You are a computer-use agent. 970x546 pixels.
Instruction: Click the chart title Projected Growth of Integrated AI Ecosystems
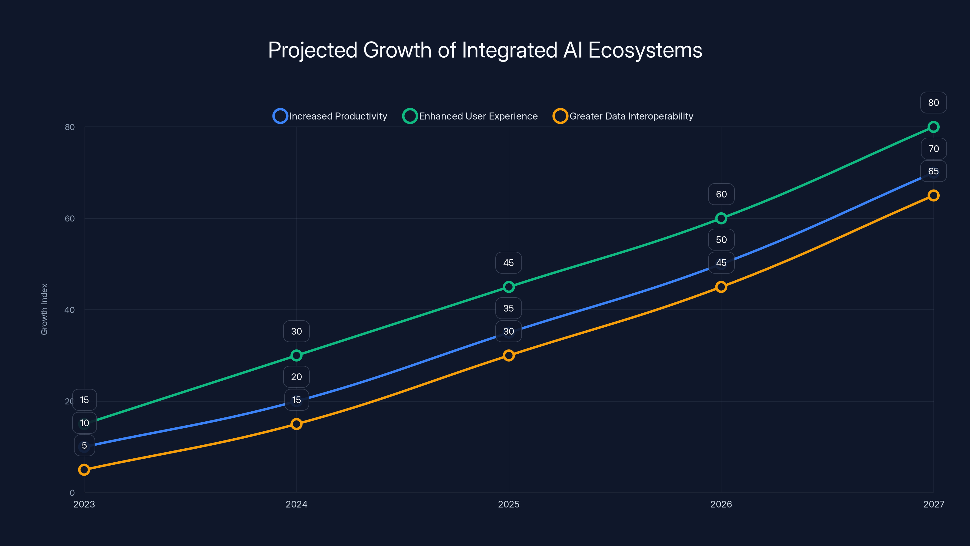point(485,50)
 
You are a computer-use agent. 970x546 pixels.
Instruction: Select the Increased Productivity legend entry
point(330,116)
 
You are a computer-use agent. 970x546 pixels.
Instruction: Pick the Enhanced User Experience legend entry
point(470,116)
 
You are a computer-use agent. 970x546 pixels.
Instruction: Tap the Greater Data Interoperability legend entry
point(623,116)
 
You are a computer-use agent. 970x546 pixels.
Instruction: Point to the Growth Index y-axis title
point(45,309)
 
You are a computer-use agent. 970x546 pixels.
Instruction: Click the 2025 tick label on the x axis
point(508,504)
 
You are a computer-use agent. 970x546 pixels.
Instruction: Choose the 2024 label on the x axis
point(296,504)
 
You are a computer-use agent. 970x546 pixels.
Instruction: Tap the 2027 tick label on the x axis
point(934,504)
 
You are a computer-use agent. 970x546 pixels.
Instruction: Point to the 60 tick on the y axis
point(70,218)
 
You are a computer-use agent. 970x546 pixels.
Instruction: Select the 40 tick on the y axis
point(70,310)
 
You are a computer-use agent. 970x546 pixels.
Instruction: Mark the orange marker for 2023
point(84,470)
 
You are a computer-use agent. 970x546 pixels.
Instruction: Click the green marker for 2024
point(296,355)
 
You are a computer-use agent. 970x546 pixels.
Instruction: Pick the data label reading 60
point(721,194)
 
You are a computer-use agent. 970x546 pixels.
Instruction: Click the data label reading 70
point(934,148)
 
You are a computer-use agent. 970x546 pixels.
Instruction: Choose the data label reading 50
point(721,240)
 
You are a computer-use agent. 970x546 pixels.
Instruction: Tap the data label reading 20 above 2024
point(296,377)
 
